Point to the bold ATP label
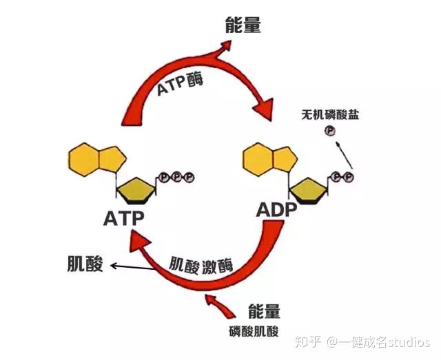124,219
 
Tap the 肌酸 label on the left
85,264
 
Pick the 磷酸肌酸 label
254,331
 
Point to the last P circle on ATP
189,178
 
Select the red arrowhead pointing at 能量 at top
225,47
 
